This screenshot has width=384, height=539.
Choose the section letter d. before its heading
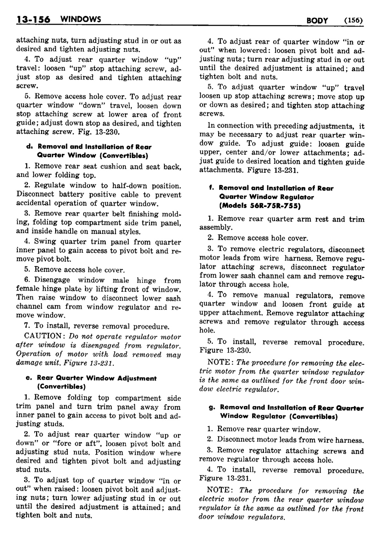pos(28,147)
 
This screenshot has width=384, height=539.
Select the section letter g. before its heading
pos(211,408)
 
